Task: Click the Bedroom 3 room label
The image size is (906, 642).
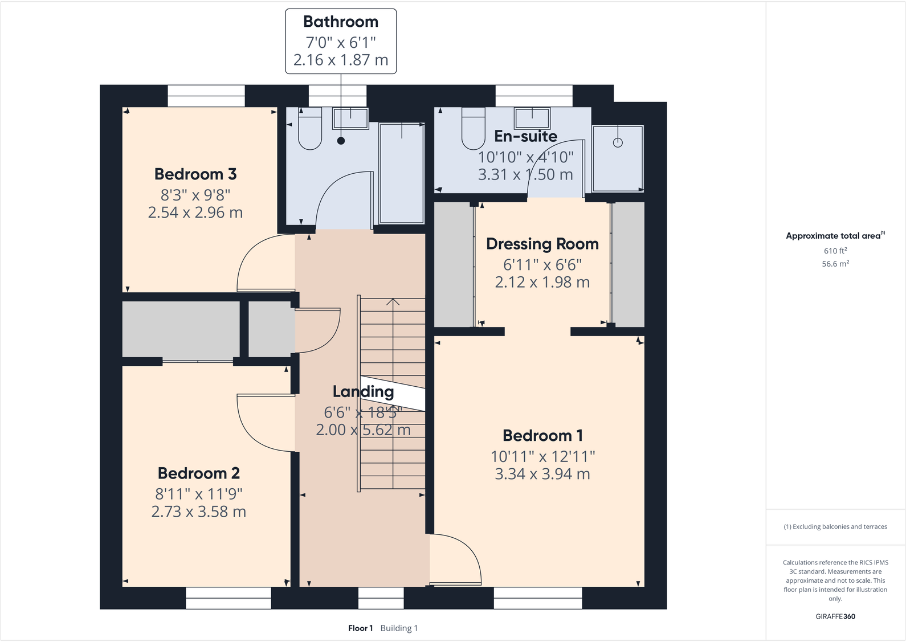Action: (x=195, y=174)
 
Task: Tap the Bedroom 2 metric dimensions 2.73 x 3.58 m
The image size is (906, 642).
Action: (x=198, y=512)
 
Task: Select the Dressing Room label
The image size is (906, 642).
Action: (x=542, y=244)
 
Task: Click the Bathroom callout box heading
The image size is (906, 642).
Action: (x=341, y=22)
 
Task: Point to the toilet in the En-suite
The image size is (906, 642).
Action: (x=473, y=132)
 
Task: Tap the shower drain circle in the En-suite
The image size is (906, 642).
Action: (x=618, y=143)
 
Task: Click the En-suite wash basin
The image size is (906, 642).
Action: (x=532, y=118)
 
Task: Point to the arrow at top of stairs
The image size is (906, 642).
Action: (x=393, y=301)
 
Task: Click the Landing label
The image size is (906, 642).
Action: (x=363, y=392)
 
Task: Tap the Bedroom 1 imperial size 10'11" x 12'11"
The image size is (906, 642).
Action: (x=542, y=457)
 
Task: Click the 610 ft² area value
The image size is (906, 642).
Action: (x=835, y=251)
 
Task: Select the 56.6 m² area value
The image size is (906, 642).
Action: (x=835, y=264)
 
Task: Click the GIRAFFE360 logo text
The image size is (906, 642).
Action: (x=835, y=616)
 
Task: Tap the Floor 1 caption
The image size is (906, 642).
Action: (x=360, y=628)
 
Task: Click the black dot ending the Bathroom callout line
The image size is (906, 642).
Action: (x=341, y=141)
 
